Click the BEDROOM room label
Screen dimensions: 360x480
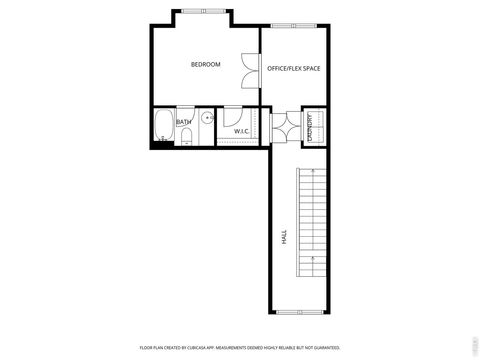[205, 65]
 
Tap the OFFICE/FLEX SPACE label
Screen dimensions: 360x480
[293, 68]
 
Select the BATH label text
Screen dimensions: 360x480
[184, 122]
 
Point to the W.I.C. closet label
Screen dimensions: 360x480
[241, 131]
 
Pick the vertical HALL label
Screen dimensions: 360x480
[284, 238]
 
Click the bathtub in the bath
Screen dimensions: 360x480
[163, 127]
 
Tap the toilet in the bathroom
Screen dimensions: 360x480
[187, 137]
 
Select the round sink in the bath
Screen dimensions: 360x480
[207, 118]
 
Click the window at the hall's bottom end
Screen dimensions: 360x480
[298, 312]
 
